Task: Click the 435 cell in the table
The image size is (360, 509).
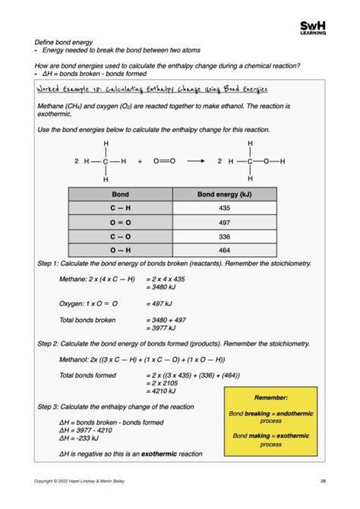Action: tap(224, 207)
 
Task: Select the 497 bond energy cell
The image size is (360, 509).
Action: tap(224, 221)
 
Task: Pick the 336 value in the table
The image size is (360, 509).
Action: tap(224, 236)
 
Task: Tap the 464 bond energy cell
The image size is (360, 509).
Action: tap(224, 249)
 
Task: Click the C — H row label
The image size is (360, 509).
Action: tap(121, 207)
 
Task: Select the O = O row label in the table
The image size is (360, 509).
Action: tap(121, 221)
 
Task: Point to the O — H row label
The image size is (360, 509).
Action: tap(121, 249)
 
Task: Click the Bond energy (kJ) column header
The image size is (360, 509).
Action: tap(224, 194)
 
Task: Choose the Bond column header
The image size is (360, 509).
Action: tap(121, 194)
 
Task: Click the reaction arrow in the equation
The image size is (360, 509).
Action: tap(195, 161)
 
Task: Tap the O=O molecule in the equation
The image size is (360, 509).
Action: tap(164, 161)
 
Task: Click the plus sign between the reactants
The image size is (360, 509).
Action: tap(140, 161)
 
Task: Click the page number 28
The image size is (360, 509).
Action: tap(322, 480)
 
